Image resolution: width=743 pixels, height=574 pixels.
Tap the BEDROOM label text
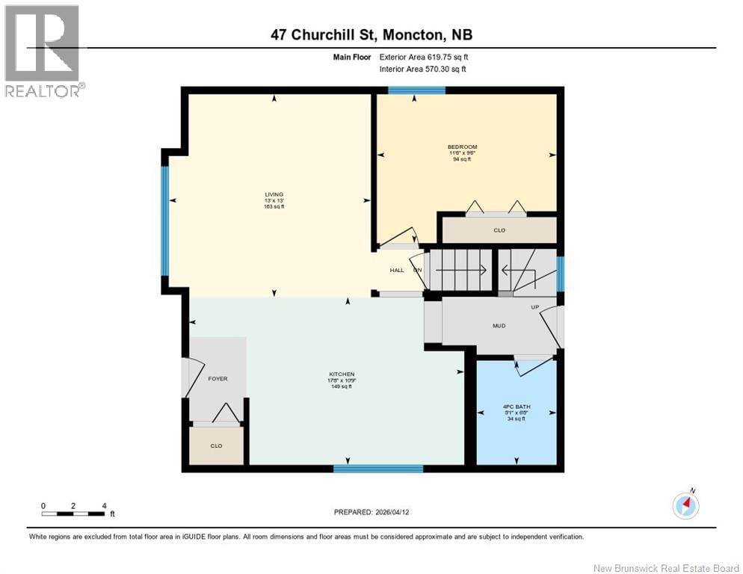click(462, 146)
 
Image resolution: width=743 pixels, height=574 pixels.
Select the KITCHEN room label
click(342, 374)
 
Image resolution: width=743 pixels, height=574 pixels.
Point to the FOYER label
click(217, 379)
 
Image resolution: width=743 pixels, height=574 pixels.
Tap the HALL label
click(396, 271)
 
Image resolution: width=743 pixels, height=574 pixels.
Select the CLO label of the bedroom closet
click(499, 230)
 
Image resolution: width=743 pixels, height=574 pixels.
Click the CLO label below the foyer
click(216, 445)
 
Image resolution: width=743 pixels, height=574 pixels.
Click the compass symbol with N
click(685, 505)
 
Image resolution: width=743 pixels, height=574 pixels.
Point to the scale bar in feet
click(73, 513)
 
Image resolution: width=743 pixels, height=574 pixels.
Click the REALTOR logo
click(43, 51)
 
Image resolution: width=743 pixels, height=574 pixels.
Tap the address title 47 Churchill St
click(371, 34)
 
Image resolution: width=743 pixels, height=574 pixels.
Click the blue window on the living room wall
click(164, 220)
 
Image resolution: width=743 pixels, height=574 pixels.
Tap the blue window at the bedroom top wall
click(416, 90)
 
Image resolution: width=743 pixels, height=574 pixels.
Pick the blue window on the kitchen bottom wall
click(377, 469)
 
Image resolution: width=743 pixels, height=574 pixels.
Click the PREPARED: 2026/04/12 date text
click(371, 512)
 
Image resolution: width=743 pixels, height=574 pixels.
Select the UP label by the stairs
click(534, 307)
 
